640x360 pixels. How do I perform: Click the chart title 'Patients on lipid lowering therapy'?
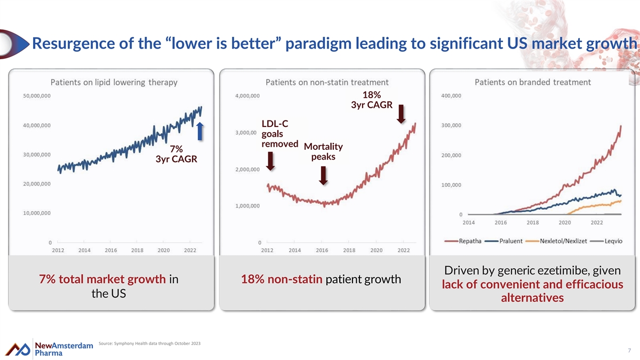[114, 82]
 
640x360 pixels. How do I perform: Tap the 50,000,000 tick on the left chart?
[37, 95]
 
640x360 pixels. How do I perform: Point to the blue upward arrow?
[200, 131]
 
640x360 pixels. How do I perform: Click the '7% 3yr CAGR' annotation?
[177, 154]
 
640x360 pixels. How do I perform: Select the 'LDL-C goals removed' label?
[279, 134]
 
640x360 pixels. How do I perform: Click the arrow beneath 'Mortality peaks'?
[323, 175]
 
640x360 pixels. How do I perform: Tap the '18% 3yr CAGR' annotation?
[372, 100]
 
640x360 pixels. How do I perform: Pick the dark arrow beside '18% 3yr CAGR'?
[401, 114]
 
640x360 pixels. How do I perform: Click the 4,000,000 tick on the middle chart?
[247, 95]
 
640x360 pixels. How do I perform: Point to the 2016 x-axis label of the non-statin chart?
[322, 250]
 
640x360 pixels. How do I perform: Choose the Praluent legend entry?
[503, 241]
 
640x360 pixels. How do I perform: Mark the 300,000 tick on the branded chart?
[451, 125]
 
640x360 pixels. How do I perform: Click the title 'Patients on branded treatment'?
[533, 82]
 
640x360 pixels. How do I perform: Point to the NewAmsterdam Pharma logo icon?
[18, 349]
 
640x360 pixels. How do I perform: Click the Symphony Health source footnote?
[149, 343]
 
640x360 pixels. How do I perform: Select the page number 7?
[629, 350]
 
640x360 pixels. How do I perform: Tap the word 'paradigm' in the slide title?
[317, 44]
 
